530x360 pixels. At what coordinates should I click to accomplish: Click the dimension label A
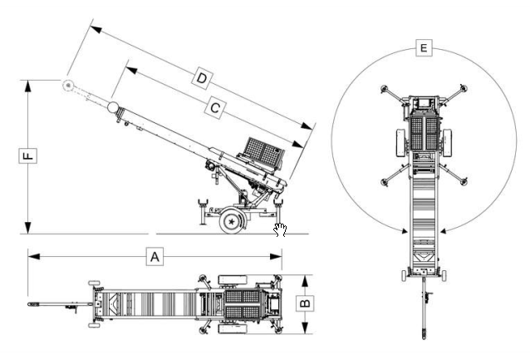click(154, 257)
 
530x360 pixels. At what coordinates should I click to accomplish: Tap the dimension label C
click(214, 107)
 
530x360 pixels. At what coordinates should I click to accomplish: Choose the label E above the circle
click(424, 49)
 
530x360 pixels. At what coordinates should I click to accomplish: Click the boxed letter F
click(27, 155)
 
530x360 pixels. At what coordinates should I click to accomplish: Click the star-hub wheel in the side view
click(231, 220)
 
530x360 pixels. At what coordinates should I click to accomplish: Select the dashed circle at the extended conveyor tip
click(66, 85)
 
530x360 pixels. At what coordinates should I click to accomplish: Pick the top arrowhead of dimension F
click(27, 83)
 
